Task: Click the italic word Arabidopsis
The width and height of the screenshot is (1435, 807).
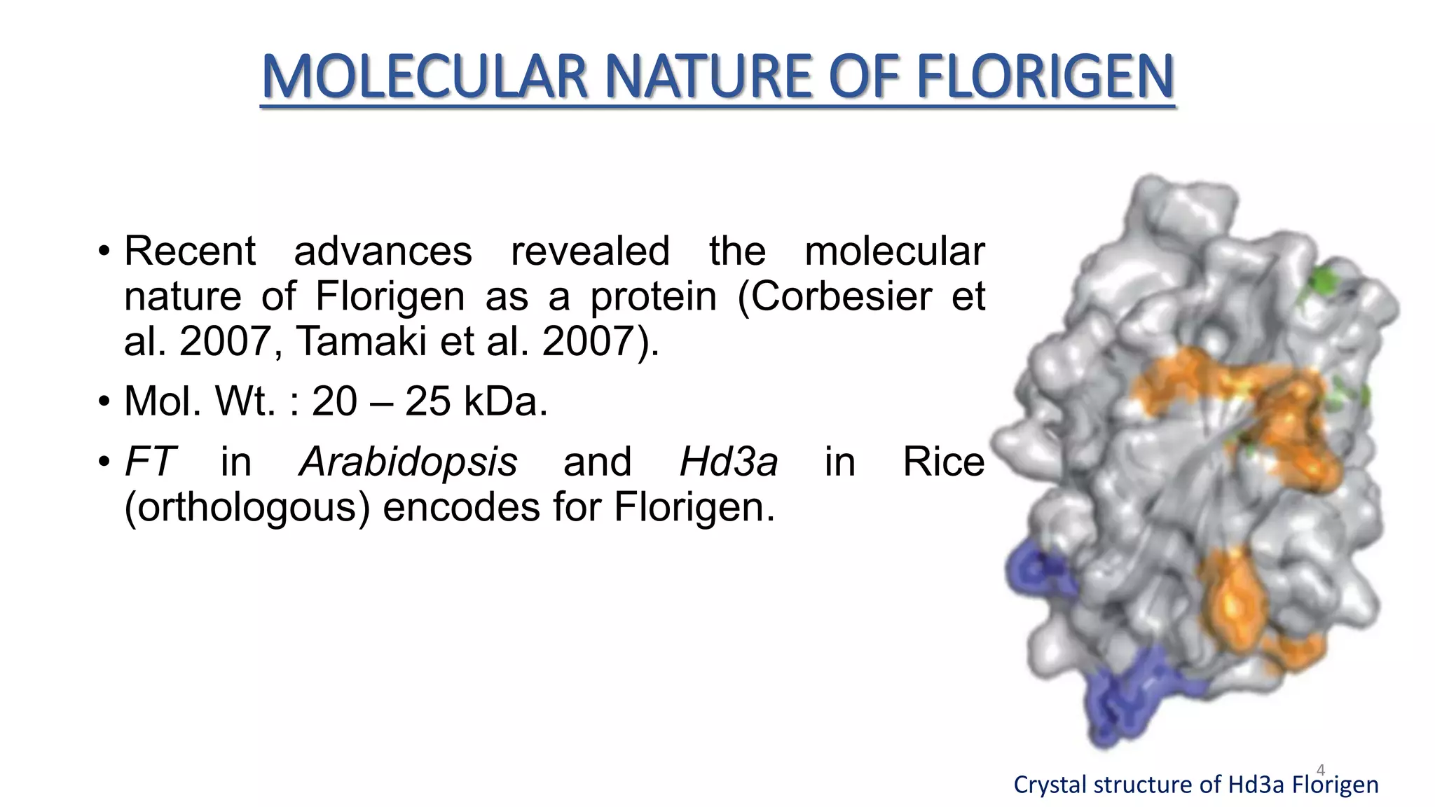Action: tap(408, 462)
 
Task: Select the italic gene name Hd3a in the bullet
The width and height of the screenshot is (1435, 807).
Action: tap(729, 462)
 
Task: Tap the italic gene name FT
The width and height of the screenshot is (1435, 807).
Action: tap(149, 462)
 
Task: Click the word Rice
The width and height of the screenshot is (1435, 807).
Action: tap(943, 462)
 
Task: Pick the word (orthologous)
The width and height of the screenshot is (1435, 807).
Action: tap(247, 507)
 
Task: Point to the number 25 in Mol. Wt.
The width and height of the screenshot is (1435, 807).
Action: tap(427, 401)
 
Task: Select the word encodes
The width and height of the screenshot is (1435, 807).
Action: tap(461, 507)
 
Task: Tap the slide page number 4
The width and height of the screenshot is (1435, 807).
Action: tap(1321, 770)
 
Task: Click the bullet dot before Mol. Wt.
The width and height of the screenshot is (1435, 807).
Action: tap(104, 402)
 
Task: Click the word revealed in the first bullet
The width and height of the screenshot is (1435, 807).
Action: tap(590, 251)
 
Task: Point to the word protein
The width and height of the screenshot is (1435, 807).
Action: tap(654, 297)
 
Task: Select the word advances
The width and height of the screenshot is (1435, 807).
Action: tap(383, 251)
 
